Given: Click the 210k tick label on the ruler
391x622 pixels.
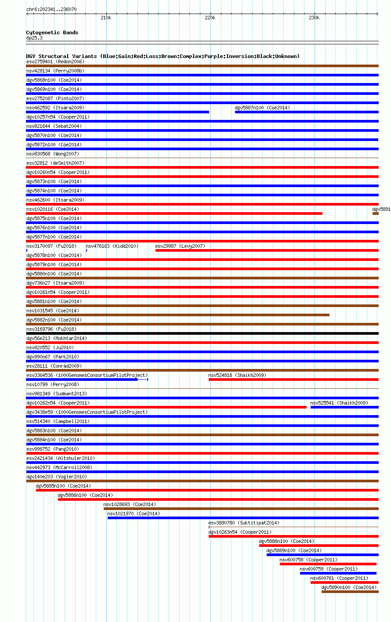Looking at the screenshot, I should pos(106,18).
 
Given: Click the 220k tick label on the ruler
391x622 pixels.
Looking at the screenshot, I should pos(210,18).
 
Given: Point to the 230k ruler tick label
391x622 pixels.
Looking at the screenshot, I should pos(314,18).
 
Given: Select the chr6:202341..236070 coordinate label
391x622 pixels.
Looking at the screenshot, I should pos(51,9).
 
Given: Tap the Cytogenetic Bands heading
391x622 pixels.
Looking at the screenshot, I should pos(52,33).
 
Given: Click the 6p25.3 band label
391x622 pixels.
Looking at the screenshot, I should pos(34,38).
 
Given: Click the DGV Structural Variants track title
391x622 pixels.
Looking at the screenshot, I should pos(163,56).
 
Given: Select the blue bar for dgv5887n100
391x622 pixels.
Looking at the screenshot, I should pos(306,112).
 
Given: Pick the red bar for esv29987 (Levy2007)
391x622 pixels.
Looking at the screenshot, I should pos(267,250).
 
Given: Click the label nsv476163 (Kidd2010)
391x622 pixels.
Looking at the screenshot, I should pos(112,246).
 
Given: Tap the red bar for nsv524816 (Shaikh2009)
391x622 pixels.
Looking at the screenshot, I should pos(293,380).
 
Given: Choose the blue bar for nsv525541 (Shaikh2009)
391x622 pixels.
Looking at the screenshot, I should pos(344,407).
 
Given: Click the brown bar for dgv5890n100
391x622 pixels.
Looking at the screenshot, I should pos(350,592).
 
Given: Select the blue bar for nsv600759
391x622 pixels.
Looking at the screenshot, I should pos(338,573).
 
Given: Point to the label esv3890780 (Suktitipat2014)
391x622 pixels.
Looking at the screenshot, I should pos(243,523).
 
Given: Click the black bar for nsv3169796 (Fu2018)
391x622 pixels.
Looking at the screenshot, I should pos(202,333).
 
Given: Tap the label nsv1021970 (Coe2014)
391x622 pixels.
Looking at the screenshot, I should pos(134,514).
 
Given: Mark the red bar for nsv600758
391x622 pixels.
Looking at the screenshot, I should pos(328,564).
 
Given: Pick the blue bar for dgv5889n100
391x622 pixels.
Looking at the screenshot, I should pos(322,555).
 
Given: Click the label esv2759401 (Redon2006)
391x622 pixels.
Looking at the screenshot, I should pos(55,61).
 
